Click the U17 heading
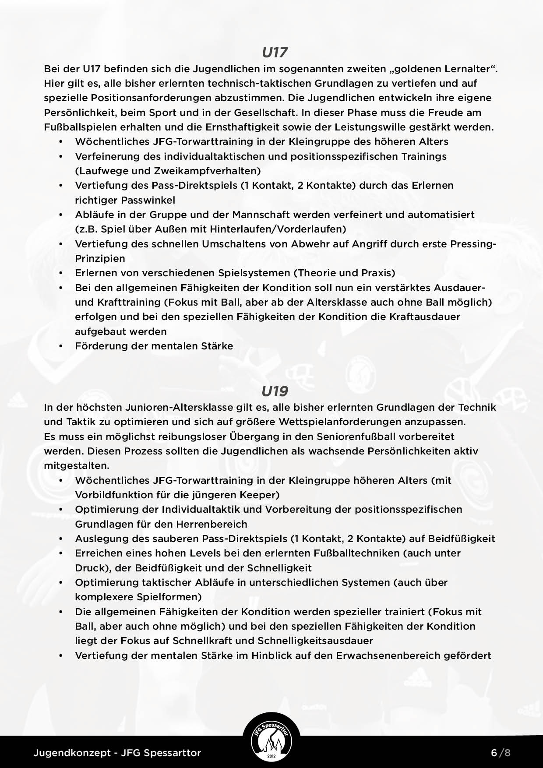pos(275,53)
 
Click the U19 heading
pos(275,391)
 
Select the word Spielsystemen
pos(254,273)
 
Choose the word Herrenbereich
pos(212,524)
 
